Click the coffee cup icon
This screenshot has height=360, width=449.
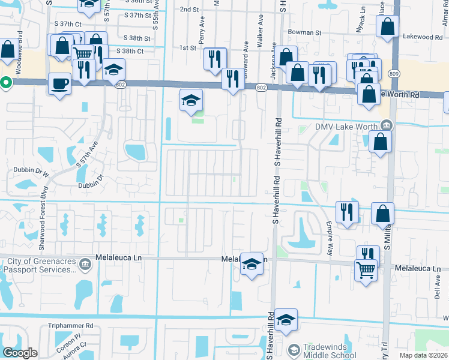59,83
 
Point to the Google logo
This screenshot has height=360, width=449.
21,353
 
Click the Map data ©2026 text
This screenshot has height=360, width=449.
423,355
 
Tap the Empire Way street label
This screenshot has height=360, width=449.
329,237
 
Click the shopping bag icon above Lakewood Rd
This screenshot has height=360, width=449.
388,25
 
